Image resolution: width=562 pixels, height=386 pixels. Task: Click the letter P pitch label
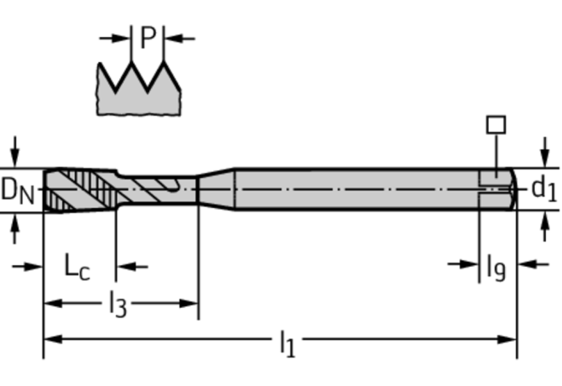(148, 38)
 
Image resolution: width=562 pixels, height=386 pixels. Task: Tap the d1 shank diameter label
(544, 189)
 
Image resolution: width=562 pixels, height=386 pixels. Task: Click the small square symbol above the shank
(496, 124)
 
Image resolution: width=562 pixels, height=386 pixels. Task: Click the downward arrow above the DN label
(14, 156)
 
